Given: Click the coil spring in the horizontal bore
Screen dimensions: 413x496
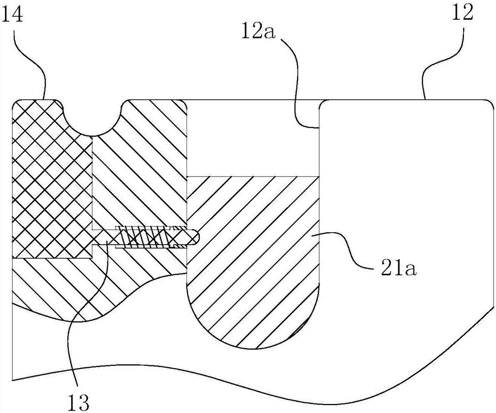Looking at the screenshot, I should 149,237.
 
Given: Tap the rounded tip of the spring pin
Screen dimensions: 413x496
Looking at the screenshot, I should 195,237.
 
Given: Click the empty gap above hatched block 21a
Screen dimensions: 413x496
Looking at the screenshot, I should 253,139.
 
